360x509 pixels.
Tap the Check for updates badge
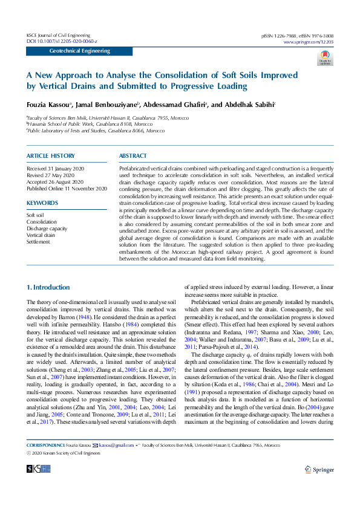pos(325,57)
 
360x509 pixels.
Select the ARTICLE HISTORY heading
pos(51,156)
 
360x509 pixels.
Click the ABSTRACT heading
pos(133,156)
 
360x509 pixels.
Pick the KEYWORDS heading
pos(42,203)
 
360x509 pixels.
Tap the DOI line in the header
pos(62,41)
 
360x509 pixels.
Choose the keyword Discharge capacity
pos(47,229)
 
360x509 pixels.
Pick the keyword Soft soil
pos(35,215)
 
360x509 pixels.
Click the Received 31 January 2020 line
pos(56,167)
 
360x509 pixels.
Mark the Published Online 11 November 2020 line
pos(67,188)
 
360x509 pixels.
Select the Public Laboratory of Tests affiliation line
pos(96,130)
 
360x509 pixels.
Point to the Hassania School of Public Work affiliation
pos(89,124)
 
